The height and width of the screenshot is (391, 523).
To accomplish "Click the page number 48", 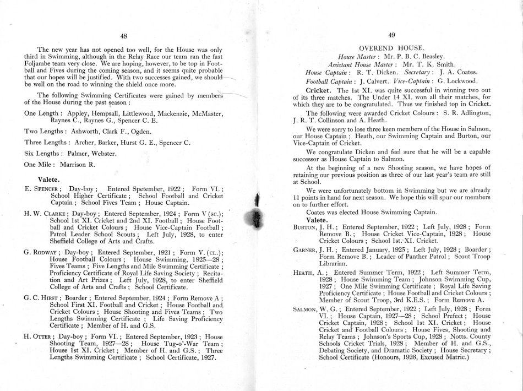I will [124, 36].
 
